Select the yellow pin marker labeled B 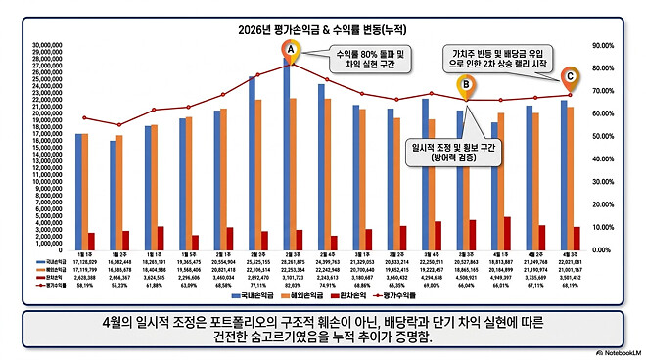(467, 86)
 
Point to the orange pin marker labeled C (570, 74)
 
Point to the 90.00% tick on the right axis (602, 45)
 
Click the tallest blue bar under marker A (287, 157)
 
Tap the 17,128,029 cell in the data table (91, 262)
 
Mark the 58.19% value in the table (91, 284)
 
